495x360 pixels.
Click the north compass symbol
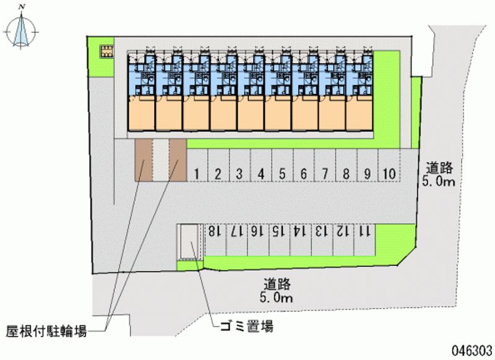(22, 28)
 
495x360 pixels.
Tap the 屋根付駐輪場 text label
(46, 332)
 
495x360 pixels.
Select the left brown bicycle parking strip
(144, 160)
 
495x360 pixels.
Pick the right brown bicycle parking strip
(178, 160)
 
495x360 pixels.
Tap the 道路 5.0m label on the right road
(441, 174)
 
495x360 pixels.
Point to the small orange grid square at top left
(106, 49)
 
